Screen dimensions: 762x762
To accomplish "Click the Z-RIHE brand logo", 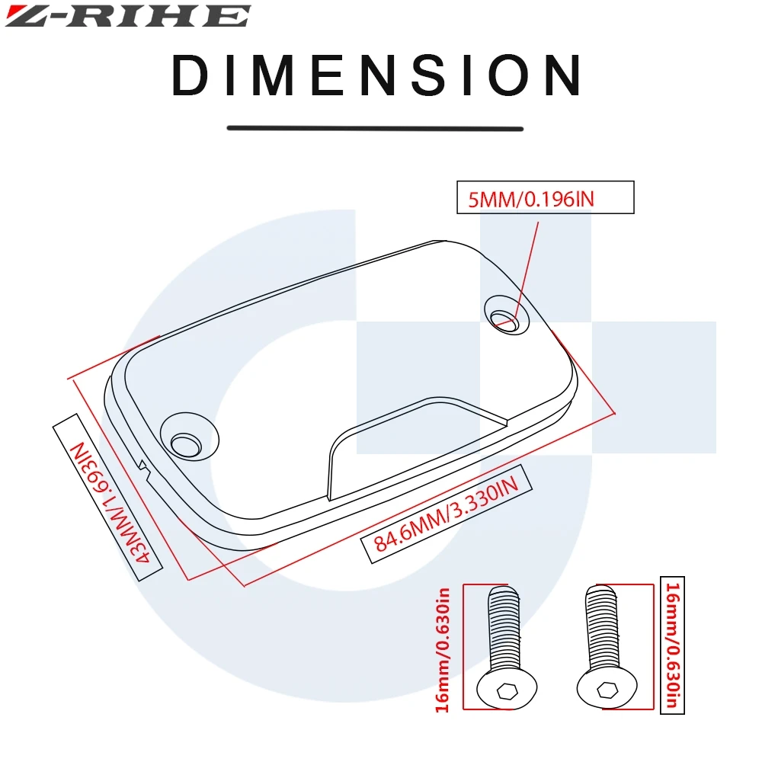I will tap(127, 16).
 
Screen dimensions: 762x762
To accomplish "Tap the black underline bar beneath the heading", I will tap(376, 128).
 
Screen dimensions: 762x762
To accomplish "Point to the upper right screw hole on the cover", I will tap(506, 322).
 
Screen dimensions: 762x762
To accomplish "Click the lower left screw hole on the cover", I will tap(185, 443).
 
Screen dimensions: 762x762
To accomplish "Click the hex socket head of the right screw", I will tap(607, 690).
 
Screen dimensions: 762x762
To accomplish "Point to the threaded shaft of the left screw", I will tap(503, 625).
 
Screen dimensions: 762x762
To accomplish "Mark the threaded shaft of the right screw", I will tap(602, 625).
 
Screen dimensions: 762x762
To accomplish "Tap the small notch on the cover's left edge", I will tap(143, 464).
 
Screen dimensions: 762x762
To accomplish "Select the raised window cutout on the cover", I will tap(411, 442).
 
